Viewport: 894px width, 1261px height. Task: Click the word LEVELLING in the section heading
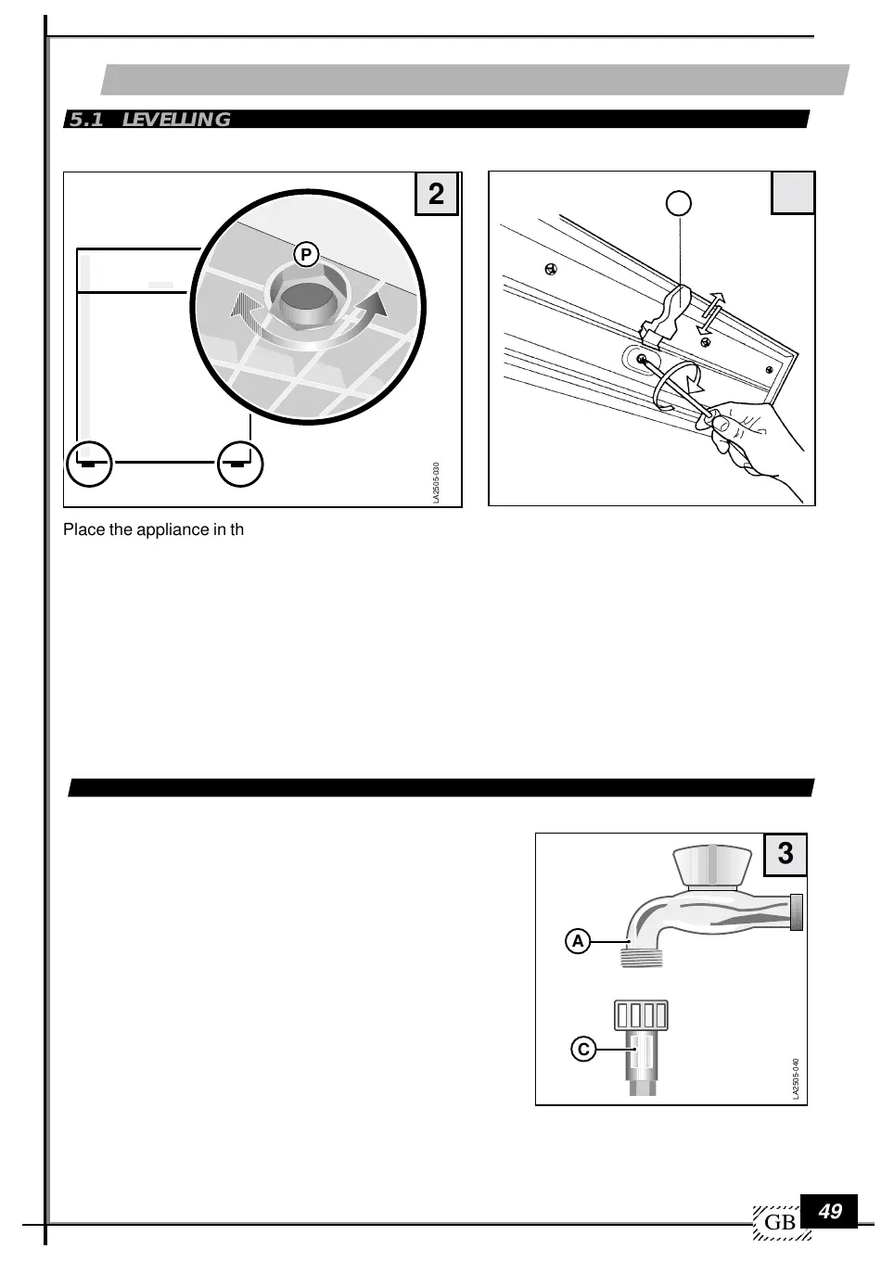click(176, 120)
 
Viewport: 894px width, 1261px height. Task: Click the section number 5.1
click(86, 120)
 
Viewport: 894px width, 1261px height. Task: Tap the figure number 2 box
click(436, 194)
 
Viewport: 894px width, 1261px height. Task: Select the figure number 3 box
click(785, 854)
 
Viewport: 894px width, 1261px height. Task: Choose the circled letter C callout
click(582, 1050)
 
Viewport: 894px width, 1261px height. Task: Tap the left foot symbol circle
click(89, 463)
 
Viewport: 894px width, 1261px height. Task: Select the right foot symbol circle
click(240, 463)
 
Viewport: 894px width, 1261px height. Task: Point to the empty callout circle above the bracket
click(680, 202)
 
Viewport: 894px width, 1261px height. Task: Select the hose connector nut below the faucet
click(641, 1014)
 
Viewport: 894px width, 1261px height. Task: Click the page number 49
click(831, 1211)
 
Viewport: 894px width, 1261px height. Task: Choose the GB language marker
click(780, 1223)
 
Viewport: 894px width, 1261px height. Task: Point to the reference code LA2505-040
click(796, 1079)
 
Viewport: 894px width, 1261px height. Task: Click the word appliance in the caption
click(155, 530)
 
